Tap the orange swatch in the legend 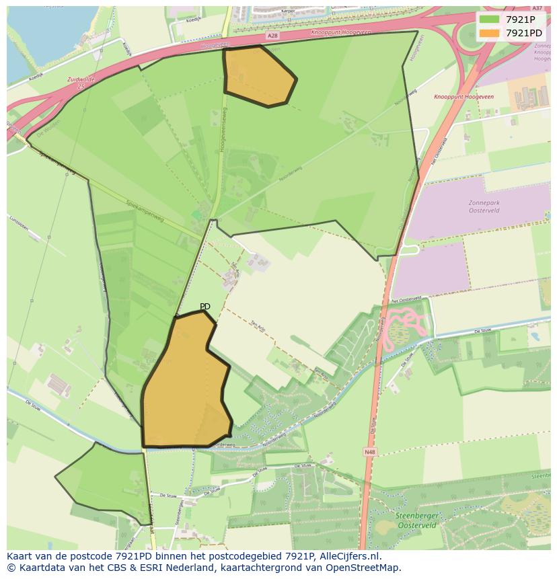click(x=490, y=32)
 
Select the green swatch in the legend click(x=490, y=20)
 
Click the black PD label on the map click(x=205, y=307)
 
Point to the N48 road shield click(x=369, y=453)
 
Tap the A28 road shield click(x=271, y=36)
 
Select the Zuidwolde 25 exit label click(x=81, y=83)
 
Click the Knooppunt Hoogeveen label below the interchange click(x=463, y=97)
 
